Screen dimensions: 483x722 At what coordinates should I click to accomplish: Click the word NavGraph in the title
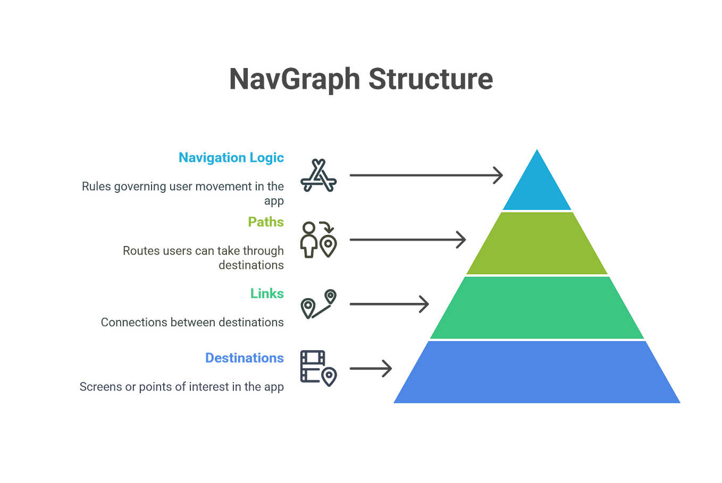pos(295,79)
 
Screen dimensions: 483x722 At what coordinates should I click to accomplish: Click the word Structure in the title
pos(430,79)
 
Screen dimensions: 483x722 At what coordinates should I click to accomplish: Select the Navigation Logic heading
pos(231,158)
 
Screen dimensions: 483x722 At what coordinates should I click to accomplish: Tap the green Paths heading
pos(266,222)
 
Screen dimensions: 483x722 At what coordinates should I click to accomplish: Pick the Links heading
pos(267,293)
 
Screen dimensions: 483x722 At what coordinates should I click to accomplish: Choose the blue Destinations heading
pos(245,358)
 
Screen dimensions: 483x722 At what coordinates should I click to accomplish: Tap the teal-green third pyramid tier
pos(537,308)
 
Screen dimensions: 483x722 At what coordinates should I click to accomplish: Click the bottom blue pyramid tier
pos(537,372)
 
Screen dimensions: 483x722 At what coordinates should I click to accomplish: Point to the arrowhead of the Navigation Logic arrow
pos(498,175)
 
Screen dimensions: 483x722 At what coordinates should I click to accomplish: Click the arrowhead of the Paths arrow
pos(461,240)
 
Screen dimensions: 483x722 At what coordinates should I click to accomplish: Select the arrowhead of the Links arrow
pos(424,304)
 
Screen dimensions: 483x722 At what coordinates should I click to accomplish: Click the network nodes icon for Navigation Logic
pos(318,176)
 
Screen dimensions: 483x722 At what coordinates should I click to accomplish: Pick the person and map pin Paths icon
pos(318,240)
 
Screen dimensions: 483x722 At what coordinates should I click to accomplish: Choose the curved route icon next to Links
pos(318,304)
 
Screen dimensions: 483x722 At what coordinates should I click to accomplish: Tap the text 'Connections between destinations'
pos(192,323)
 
